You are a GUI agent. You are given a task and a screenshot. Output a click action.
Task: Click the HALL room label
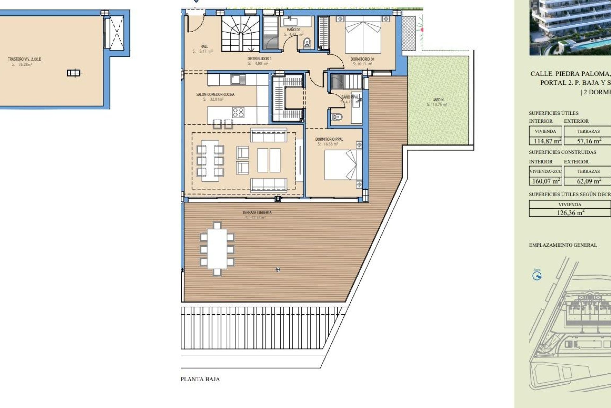[204, 47]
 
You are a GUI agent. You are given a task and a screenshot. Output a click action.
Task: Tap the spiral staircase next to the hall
[240, 33]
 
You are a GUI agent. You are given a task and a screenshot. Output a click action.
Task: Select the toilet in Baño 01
[307, 42]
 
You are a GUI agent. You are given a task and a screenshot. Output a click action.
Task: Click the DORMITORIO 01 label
[362, 59]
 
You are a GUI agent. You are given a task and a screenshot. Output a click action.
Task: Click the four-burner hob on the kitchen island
[238, 113]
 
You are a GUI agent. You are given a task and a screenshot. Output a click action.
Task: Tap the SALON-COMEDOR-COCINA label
[215, 94]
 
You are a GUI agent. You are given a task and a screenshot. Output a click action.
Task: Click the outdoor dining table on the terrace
[217, 249]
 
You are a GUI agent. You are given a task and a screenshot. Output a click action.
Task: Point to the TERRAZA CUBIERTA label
[257, 212]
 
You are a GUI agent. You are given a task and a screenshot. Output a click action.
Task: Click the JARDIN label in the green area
[438, 100]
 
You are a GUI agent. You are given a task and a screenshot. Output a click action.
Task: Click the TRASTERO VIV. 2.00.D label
[25, 59]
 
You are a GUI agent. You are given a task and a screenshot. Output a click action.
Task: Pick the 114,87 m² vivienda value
[545, 141]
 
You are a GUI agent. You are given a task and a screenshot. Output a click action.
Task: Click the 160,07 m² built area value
[545, 181]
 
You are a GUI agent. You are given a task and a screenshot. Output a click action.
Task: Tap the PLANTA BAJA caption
[200, 379]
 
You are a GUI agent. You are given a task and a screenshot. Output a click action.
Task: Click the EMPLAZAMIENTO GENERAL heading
[563, 245]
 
